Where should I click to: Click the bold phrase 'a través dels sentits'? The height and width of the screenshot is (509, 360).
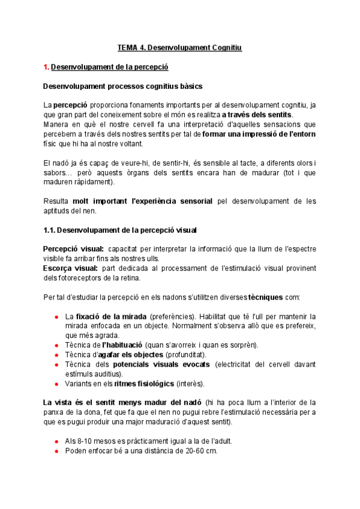coord(257,114)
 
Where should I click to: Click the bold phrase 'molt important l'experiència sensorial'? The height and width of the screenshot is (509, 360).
coord(142,201)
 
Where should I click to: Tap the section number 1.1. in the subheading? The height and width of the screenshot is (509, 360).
coord(52,230)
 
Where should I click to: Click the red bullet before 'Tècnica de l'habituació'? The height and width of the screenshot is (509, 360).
coord(56,345)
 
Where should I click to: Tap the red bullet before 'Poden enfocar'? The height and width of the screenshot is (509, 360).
coord(56,451)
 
